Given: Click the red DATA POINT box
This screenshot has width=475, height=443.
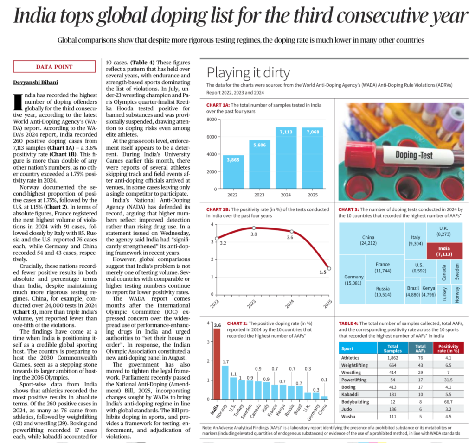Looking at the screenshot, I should point(54,67).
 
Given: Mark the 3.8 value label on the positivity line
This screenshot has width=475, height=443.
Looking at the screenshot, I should point(254,235).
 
